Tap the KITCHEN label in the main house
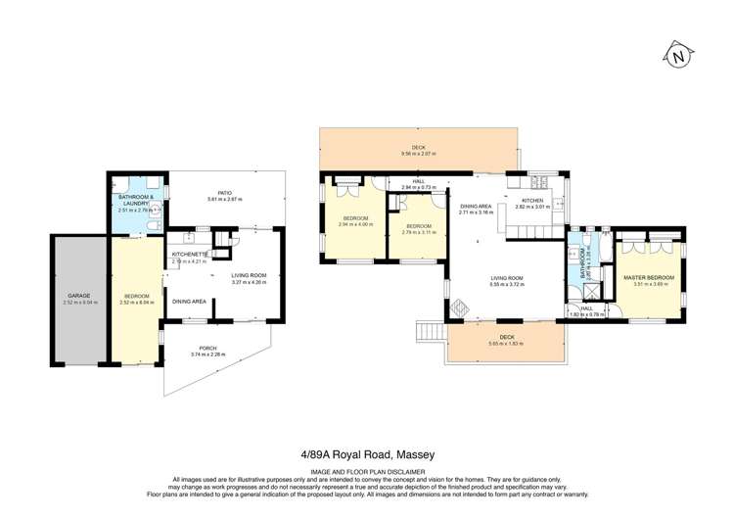click(x=541, y=201)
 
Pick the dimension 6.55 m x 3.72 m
click(x=509, y=284)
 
